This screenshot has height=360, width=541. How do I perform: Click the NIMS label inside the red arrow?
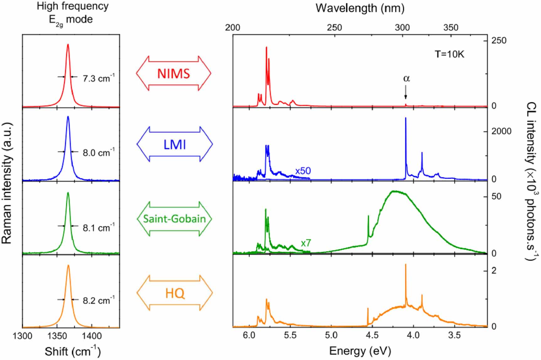(173, 74)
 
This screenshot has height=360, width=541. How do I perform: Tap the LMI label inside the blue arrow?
(175, 145)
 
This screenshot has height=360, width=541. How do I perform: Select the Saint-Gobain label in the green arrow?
(174, 218)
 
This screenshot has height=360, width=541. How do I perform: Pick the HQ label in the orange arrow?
(175, 293)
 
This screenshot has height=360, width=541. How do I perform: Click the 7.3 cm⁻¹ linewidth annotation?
(98, 78)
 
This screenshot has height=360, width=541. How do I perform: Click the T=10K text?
(449, 54)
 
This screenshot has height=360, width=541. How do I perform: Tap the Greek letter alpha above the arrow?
(406, 78)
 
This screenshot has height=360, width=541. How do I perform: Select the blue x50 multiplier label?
(303, 171)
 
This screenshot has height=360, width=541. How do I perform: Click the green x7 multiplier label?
(306, 243)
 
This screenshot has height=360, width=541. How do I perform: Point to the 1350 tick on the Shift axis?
(57, 336)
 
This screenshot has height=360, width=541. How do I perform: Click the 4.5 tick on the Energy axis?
(372, 335)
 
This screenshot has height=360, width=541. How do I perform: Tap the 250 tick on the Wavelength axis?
(334, 28)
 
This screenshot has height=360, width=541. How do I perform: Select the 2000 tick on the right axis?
(501, 131)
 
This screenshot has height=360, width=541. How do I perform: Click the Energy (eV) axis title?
(360, 351)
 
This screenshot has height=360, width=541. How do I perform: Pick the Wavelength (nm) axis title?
(360, 8)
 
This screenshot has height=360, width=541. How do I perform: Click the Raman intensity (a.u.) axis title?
(7, 183)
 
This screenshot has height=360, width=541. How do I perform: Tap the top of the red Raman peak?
(68, 45)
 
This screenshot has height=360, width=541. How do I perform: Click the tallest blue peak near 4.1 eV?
(406, 118)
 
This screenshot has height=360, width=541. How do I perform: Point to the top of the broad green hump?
(394, 191)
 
